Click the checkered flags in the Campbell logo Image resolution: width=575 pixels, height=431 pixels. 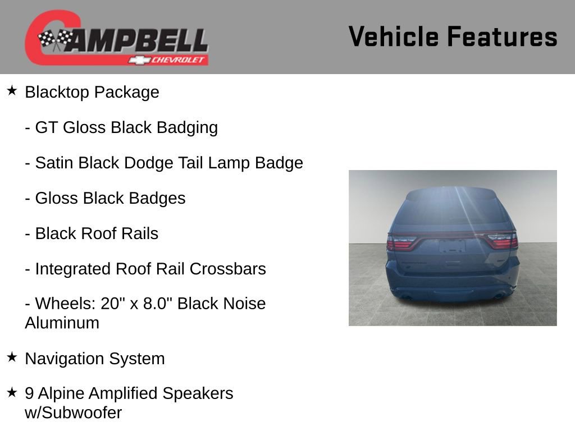[x=56, y=39]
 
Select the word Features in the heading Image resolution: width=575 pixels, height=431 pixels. [x=502, y=37]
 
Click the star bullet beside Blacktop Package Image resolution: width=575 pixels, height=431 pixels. [x=12, y=90]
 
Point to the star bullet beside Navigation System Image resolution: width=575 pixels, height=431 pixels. [x=12, y=357]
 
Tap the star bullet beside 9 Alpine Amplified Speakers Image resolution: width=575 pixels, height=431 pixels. [x=12, y=392]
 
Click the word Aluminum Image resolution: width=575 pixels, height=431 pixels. [x=62, y=323]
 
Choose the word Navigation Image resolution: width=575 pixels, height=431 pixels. [x=65, y=359]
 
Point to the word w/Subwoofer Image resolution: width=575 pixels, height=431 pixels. [x=73, y=413]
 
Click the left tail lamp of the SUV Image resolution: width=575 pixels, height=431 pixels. [x=401, y=242]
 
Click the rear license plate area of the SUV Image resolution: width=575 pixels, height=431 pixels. [x=451, y=246]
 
